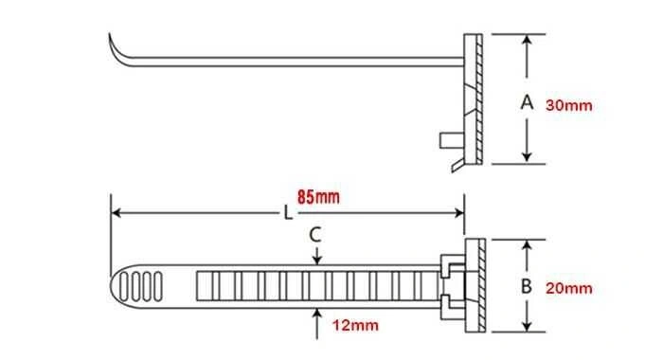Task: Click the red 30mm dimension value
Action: (x=568, y=105)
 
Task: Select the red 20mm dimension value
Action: (x=568, y=289)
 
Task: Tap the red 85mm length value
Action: (x=318, y=197)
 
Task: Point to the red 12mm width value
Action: (x=355, y=325)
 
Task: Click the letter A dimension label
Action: (x=527, y=102)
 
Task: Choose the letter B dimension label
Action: (x=527, y=286)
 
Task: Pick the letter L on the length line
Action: (x=288, y=213)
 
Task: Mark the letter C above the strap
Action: (x=315, y=235)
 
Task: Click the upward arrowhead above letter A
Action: (x=527, y=40)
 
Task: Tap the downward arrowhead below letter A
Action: (x=527, y=157)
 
